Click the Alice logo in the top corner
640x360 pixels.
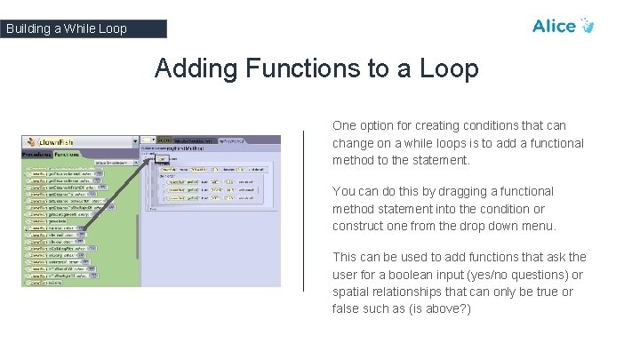click(x=562, y=26)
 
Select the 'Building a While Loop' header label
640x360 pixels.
click(x=67, y=28)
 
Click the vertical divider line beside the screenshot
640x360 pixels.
click(x=304, y=211)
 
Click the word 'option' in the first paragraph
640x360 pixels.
click(x=378, y=126)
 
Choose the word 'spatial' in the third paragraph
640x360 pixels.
click(x=352, y=292)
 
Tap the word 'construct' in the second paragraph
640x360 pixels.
click(x=360, y=226)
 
